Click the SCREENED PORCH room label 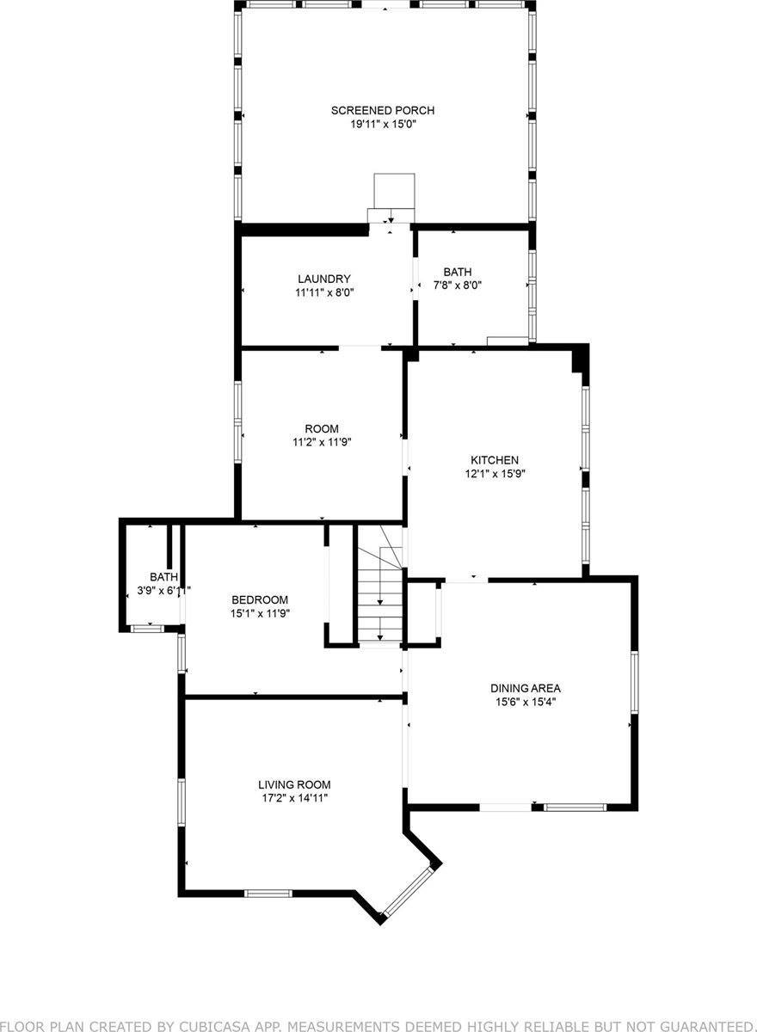383,110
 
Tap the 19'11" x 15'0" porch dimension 383,124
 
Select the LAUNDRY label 323,279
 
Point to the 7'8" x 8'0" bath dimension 457,286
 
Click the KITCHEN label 494,460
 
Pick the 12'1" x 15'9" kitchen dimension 494,473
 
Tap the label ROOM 322,428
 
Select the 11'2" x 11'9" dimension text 322,442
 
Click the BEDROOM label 259,599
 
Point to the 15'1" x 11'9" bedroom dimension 259,613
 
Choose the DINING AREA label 526,688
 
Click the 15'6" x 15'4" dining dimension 526,702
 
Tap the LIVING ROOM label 294,784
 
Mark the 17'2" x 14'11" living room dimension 294,798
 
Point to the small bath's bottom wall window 147,630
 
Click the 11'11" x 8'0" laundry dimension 323,292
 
